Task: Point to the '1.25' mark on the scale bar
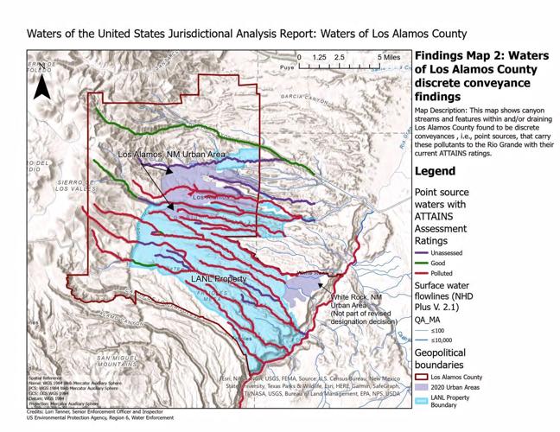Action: pyautogui.click(x=319, y=57)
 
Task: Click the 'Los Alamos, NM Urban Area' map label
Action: pyautogui.click(x=171, y=154)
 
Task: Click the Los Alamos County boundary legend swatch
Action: pyautogui.click(x=421, y=376)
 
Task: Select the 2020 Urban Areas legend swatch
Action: pyautogui.click(x=421, y=389)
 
